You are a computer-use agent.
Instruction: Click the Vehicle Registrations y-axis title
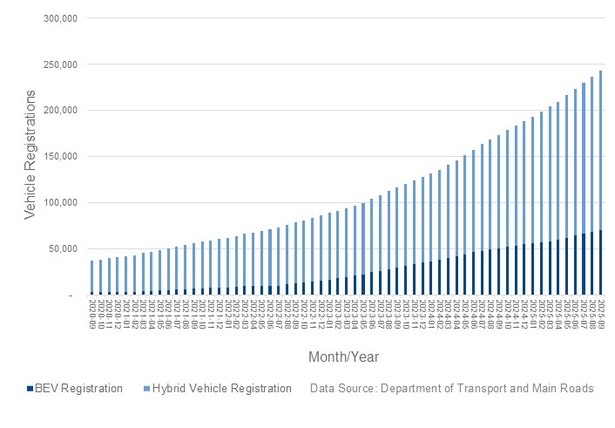pos(29,158)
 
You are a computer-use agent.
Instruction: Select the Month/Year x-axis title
pos(343,357)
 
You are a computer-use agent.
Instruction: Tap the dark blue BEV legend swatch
pos(29,389)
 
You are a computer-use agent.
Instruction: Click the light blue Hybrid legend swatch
pos(146,389)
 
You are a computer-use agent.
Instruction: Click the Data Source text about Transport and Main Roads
pos(451,389)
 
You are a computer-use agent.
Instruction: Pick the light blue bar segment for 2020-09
pos(91,276)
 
